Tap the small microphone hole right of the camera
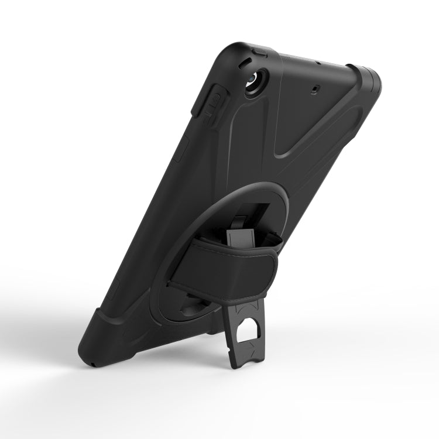(x=316, y=89)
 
